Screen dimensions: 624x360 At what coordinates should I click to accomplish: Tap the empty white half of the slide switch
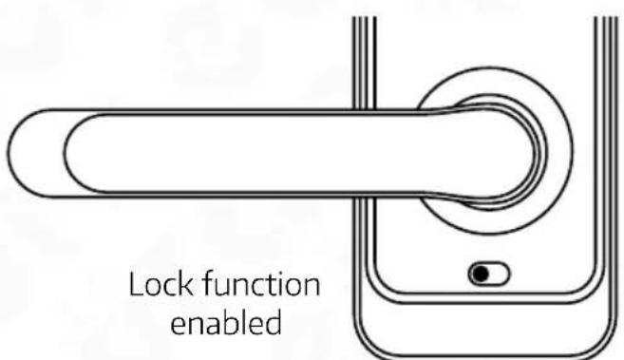point(499,275)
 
